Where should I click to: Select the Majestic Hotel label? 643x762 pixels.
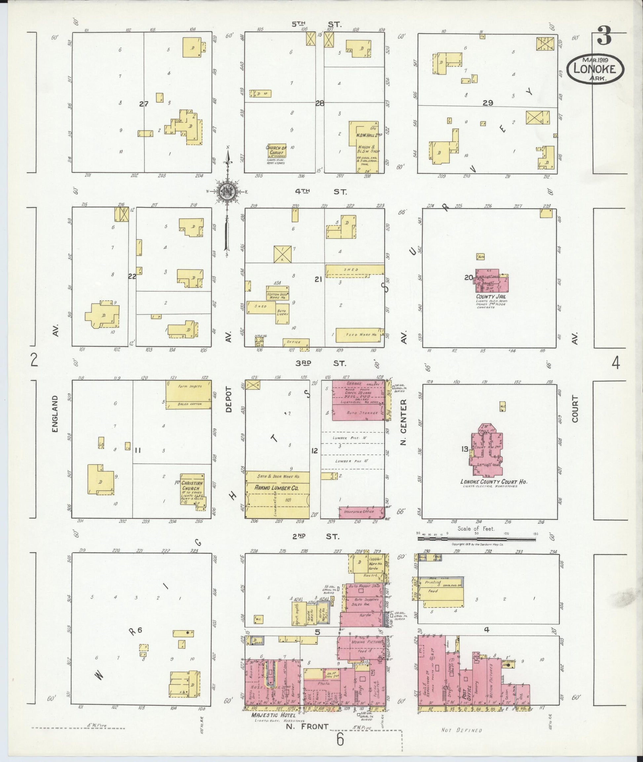point(273,715)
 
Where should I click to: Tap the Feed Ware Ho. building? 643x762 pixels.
point(360,335)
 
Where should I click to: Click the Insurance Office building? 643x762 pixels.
point(361,512)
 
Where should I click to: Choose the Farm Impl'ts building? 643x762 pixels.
point(188,395)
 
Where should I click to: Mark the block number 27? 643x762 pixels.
point(144,104)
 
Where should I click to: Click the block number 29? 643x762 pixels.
point(488,103)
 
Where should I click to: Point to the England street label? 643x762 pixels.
point(55,414)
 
